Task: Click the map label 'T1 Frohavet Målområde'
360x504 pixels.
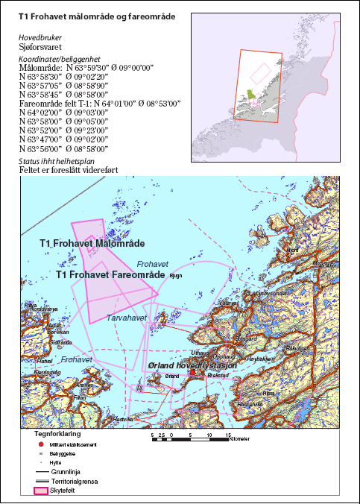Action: point(92,243)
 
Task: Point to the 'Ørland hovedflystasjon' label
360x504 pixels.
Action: point(192,366)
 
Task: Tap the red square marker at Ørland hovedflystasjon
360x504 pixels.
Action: point(192,373)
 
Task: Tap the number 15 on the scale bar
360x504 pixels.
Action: point(227,433)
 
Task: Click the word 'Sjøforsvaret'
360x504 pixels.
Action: point(43,46)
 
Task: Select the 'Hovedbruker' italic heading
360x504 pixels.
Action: point(40,37)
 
